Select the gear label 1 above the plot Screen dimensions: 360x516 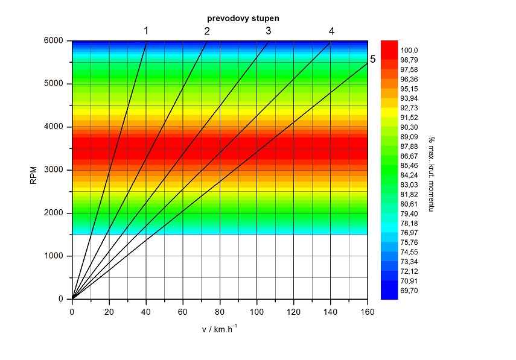[x=145, y=31]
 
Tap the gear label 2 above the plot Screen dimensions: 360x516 [x=207, y=31]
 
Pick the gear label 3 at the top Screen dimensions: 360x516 [x=269, y=31]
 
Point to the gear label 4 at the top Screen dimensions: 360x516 [x=331, y=31]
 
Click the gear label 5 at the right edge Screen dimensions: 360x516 [x=373, y=59]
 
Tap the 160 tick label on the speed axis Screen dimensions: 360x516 [x=367, y=312]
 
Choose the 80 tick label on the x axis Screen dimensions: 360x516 [x=220, y=312]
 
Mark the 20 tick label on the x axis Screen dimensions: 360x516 [x=109, y=312]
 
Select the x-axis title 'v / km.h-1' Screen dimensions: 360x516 [x=220, y=329]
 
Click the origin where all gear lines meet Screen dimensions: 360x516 [x=72, y=298]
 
